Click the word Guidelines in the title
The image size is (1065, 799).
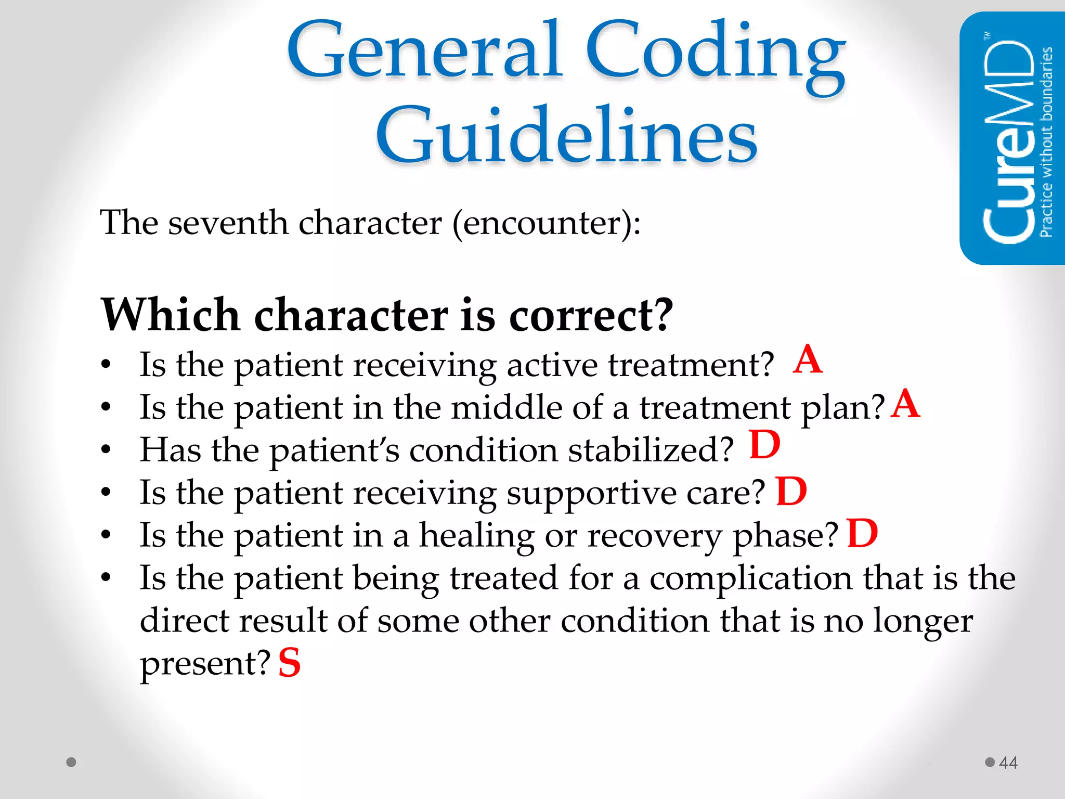pos(566,136)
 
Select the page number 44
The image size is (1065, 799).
pos(1008,763)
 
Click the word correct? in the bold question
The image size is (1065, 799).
pos(591,315)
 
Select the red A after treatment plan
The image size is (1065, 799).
pos(905,404)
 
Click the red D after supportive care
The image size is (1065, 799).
pos(791,492)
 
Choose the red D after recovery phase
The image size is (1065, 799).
pos(862,534)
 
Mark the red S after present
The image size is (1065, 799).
pos(289,663)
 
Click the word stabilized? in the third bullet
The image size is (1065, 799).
pos(651,450)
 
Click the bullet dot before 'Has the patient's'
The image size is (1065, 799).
pos(106,449)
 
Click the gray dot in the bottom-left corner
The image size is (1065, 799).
pos(72,762)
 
